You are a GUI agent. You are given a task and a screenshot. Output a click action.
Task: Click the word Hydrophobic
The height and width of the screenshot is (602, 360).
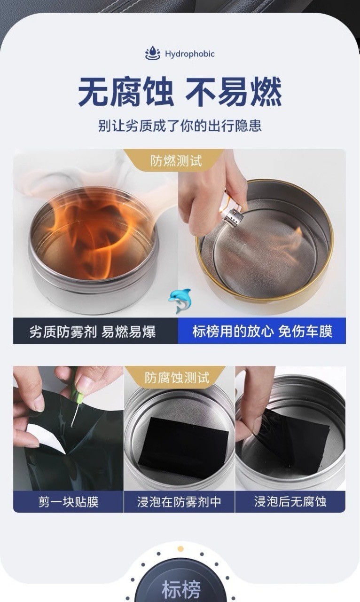pyautogui.click(x=190, y=54)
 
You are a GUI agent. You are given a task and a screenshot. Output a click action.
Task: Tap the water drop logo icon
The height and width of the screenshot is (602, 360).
pyautogui.click(x=153, y=53)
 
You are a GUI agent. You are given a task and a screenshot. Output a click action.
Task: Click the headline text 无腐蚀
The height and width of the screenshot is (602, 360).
pyautogui.click(x=126, y=92)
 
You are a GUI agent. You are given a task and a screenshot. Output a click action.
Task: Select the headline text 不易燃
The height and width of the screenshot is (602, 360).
pyautogui.click(x=234, y=92)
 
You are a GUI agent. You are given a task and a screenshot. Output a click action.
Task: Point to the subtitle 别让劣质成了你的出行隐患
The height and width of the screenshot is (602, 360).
pyautogui.click(x=180, y=126)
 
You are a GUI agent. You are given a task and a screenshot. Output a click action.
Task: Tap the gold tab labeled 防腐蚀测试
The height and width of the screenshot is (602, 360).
pyautogui.click(x=177, y=377)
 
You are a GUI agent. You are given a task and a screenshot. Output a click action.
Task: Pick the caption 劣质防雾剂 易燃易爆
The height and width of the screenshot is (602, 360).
pyautogui.click(x=93, y=332)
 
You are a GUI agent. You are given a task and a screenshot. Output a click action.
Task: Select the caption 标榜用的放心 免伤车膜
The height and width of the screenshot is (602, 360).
pyautogui.click(x=262, y=331)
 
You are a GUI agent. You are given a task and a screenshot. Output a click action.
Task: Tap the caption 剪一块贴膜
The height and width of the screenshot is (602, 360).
pyautogui.click(x=69, y=502)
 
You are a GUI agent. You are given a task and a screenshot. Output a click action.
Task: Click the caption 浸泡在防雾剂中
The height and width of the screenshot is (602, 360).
pyautogui.click(x=179, y=502)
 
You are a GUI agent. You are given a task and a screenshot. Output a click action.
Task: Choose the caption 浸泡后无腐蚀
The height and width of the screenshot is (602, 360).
pyautogui.click(x=290, y=501)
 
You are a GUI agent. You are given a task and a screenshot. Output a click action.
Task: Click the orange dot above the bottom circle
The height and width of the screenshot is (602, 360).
pyautogui.click(x=181, y=549)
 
